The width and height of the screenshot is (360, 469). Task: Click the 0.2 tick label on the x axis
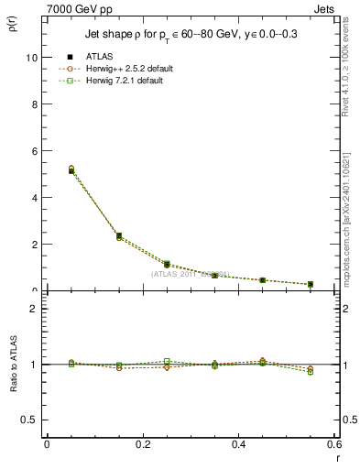pos(142,445)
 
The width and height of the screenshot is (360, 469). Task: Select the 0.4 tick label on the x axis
pos(238,445)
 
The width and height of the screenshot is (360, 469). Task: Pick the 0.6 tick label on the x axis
pos(332,445)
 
